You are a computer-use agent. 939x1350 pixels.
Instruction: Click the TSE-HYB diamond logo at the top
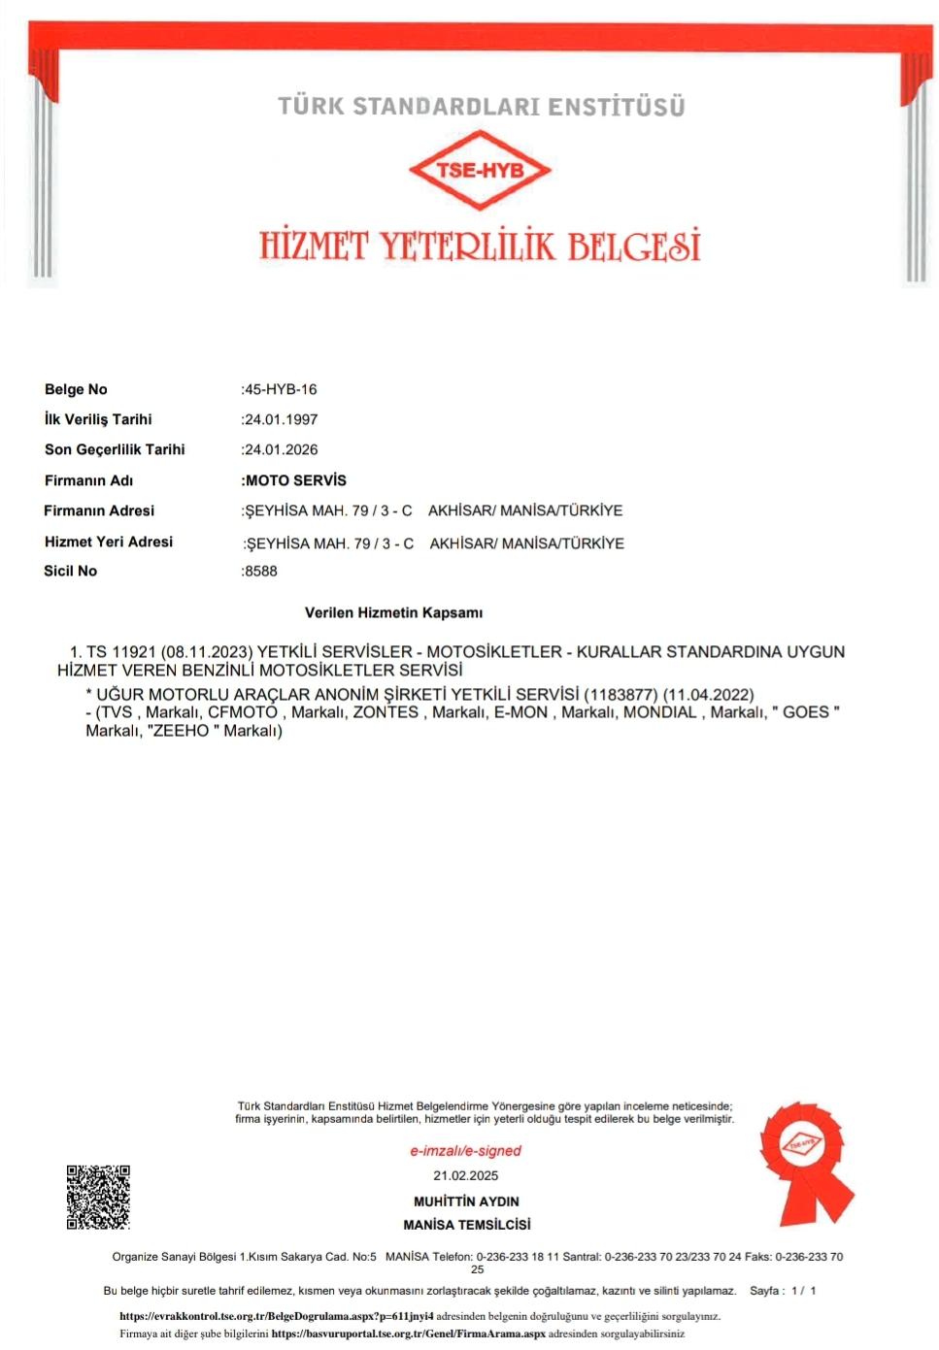coord(480,171)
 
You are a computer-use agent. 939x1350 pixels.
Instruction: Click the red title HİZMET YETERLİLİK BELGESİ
coord(480,247)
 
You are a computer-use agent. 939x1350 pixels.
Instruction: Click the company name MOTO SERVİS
coord(295,480)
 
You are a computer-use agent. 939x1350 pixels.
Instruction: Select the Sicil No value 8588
coord(261,571)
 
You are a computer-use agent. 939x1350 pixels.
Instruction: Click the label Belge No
coord(76,389)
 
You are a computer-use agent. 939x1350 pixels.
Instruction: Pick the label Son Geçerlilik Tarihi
coord(115,449)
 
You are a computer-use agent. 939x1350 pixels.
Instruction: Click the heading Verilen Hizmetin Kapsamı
coord(393,612)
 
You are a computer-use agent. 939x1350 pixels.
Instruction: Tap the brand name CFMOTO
coord(243,712)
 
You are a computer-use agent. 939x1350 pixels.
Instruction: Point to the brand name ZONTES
coord(386,712)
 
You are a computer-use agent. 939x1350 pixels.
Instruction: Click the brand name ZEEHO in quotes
coord(182,731)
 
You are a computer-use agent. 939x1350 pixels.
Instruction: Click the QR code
coord(98,1197)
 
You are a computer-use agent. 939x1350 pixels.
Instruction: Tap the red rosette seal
coord(805,1159)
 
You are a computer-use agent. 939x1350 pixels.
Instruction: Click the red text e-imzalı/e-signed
coord(465,1151)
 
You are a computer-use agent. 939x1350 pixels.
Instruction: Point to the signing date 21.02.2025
coord(465,1175)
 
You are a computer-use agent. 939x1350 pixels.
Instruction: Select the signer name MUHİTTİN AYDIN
coord(466,1202)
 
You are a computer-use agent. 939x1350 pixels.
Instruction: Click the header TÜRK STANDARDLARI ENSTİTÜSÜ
coord(482,106)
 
